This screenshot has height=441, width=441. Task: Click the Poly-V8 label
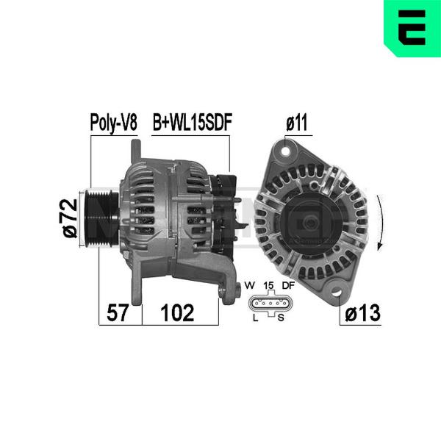coord(114,123)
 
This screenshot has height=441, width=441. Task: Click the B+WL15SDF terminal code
coord(193,122)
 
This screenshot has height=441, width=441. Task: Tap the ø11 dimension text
coord(297,123)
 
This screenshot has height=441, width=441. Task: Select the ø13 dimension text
coord(363,313)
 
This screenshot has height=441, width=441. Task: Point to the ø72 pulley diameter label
coord(70,218)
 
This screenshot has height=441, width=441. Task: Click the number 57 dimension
coord(118,313)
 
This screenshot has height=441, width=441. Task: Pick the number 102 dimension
coord(177,313)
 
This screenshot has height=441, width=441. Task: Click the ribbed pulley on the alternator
coord(102,218)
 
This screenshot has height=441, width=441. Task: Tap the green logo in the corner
coord(412,29)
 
